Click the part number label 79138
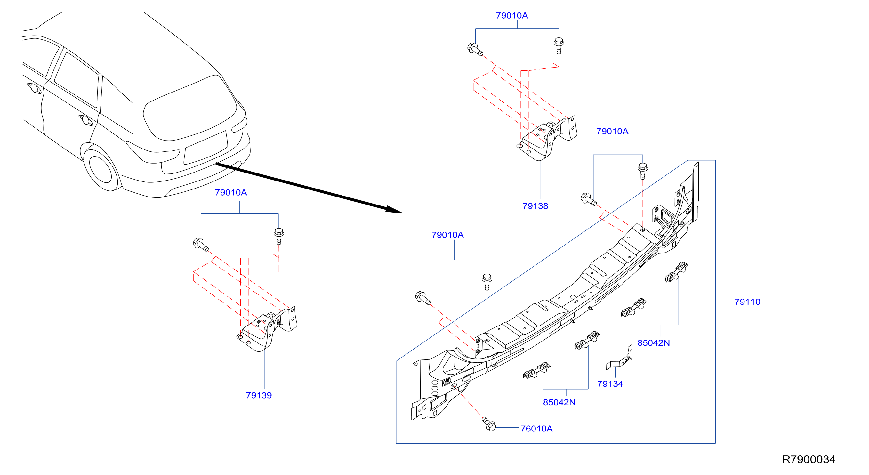(535, 206)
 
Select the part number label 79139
(259, 395)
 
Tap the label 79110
(747, 302)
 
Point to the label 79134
(610, 383)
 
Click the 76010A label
(536, 429)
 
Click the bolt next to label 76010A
(489, 424)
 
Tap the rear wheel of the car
(100, 167)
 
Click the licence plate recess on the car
(206, 148)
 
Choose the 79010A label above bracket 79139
(231, 192)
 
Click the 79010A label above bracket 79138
(512, 15)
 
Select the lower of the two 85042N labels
(559, 402)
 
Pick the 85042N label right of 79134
(654, 343)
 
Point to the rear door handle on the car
(86, 120)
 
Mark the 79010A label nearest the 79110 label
(612, 131)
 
